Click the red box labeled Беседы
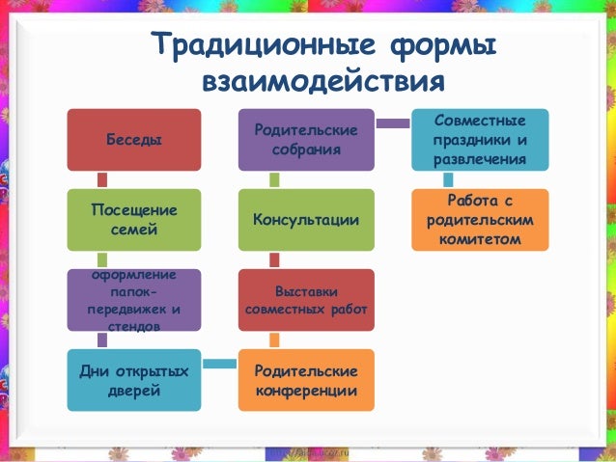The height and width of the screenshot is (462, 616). (x=133, y=140)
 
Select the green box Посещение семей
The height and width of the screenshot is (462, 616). (x=133, y=220)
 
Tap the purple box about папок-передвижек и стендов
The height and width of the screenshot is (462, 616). (x=133, y=300)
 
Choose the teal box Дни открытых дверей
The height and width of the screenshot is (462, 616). (x=133, y=380)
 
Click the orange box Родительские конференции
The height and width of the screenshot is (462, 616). (x=306, y=380)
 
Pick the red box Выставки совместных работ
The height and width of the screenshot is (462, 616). (x=306, y=300)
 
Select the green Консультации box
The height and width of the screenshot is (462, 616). (x=306, y=220)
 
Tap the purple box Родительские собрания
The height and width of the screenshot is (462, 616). (x=306, y=140)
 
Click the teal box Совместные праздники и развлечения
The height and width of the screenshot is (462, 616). (x=480, y=140)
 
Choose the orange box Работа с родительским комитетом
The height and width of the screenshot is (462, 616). (x=480, y=220)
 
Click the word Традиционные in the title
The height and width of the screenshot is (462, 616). (x=258, y=45)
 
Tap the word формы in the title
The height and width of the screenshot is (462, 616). (x=439, y=45)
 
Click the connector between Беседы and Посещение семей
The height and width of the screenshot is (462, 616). (x=102, y=180)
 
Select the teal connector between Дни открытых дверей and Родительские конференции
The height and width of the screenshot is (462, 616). (x=220, y=364)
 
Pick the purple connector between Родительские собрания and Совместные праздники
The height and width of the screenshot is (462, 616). (x=393, y=122)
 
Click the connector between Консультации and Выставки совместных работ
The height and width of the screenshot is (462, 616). (x=274, y=259)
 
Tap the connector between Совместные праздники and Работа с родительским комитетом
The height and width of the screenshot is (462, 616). (x=448, y=180)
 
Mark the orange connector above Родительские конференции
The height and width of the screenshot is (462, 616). (x=274, y=340)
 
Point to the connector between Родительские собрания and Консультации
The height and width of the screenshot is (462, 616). (x=274, y=180)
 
